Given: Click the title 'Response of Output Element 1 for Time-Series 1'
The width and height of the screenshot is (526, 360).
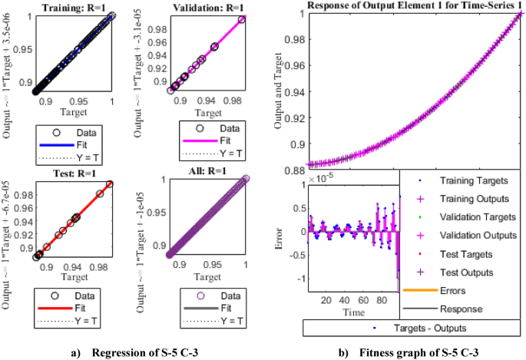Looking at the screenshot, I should coord(408,5).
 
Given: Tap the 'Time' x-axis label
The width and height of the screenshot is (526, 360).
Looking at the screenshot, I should coord(353,312).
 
